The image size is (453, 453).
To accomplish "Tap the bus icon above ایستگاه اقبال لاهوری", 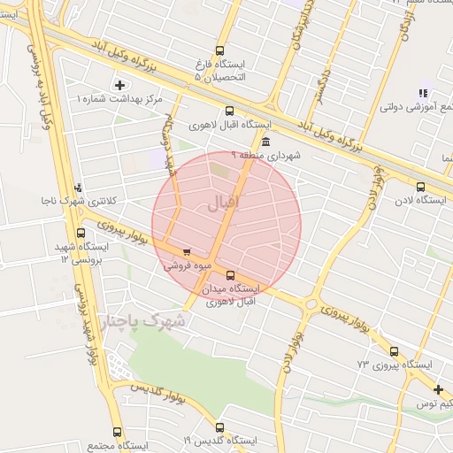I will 230,111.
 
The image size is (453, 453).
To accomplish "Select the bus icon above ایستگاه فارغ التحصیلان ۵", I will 220,50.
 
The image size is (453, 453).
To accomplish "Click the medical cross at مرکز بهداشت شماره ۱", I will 120,85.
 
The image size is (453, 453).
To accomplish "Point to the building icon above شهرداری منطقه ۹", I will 266,142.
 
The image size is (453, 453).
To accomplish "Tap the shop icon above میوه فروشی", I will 186,251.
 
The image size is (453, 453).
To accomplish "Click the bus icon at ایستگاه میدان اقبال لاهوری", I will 231,275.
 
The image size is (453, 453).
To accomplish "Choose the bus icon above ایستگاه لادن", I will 420,187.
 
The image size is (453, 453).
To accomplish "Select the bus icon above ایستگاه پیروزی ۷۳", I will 395,349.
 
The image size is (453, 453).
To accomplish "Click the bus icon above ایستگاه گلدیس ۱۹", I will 220,426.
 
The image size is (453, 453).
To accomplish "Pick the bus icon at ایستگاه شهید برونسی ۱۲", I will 81,234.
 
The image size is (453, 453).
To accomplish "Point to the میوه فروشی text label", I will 187,265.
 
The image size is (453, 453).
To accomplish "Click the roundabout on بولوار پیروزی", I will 310,304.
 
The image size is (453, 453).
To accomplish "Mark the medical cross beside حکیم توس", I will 438,389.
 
